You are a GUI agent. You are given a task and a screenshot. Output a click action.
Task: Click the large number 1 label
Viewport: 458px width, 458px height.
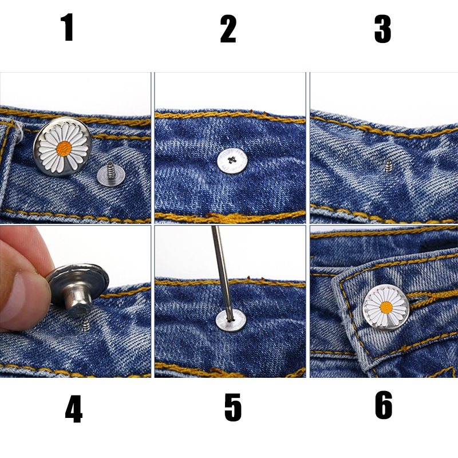coord(68,27)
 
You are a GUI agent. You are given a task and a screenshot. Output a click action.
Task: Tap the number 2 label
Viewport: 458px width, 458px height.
coord(228,29)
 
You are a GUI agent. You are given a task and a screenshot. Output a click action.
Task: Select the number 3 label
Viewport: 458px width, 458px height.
coord(382,29)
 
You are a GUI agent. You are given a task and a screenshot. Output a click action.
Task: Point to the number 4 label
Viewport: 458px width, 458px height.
coord(74,409)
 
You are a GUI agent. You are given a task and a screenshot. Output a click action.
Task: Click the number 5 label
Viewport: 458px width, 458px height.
coord(233,407)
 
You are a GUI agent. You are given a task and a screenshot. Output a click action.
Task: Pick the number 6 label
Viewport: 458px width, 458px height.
coord(384,405)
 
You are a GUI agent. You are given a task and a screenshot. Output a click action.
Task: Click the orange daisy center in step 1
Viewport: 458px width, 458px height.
coord(64,149)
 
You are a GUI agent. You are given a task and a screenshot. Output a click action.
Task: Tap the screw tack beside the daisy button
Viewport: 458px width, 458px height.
coord(111,175)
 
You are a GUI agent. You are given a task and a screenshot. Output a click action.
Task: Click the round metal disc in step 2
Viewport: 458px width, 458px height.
coord(232,161)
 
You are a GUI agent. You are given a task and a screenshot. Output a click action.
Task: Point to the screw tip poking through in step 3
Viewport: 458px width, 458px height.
coord(389,165)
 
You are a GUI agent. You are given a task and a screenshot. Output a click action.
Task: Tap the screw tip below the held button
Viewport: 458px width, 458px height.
coord(86,325)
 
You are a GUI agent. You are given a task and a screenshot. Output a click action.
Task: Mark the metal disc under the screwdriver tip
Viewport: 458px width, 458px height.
coord(231,321)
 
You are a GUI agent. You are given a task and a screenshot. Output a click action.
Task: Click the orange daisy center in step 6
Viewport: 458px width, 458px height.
coord(386,307)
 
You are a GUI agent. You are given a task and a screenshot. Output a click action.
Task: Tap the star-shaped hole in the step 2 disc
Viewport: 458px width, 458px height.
coord(232,160)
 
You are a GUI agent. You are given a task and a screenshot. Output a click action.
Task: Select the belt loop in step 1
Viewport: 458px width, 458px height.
coord(9,169)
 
